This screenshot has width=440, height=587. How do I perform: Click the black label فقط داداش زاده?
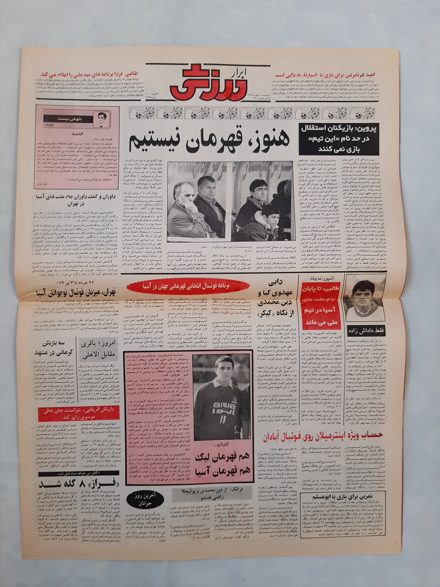[365, 330]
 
